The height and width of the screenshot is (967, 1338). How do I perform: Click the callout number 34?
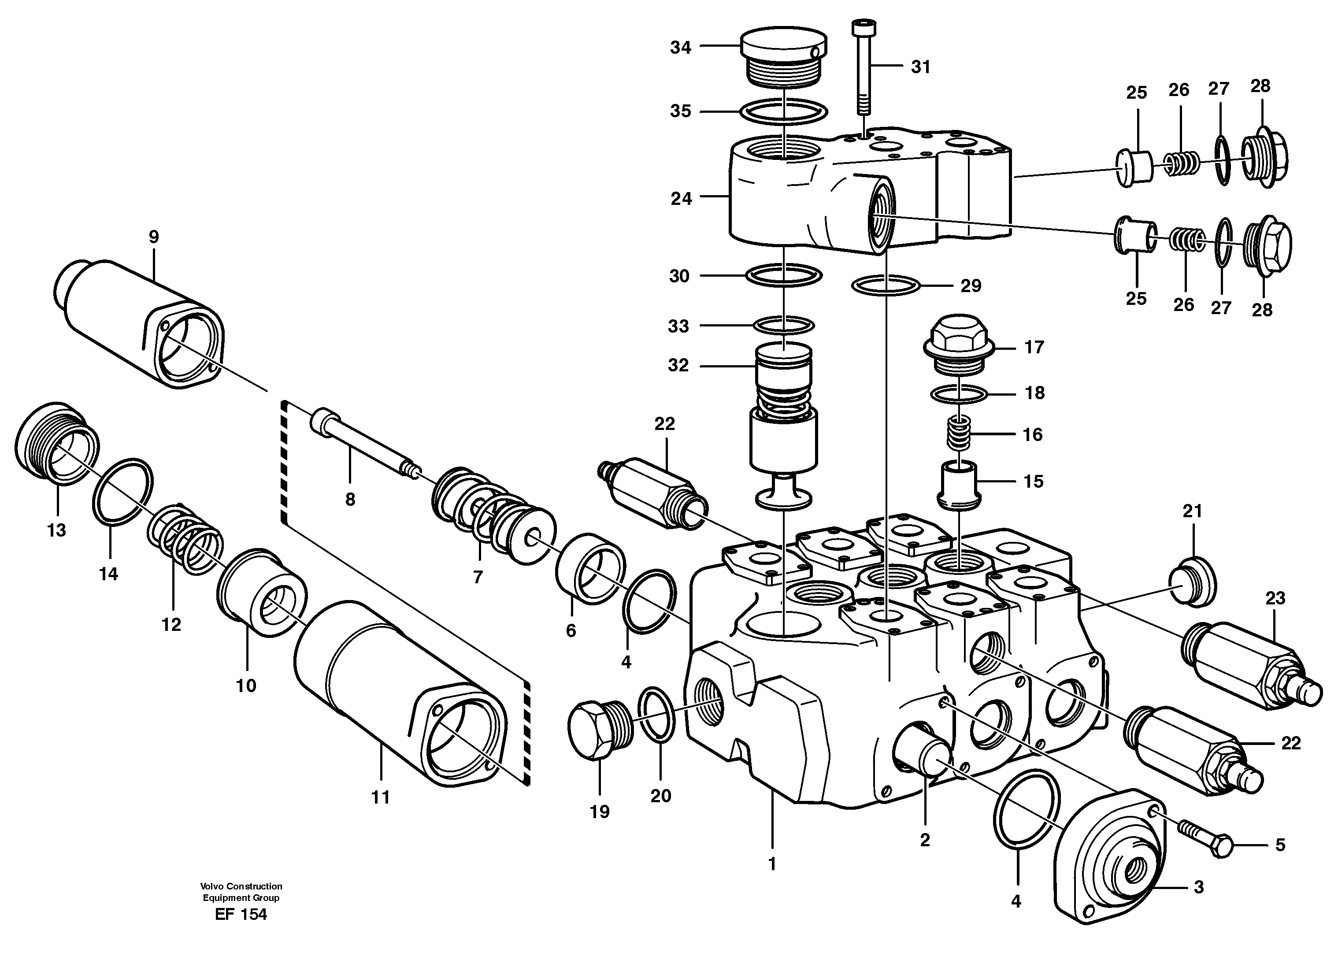(x=680, y=47)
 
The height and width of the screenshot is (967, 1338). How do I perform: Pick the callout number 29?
(x=971, y=286)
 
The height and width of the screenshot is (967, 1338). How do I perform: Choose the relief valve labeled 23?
(x=1251, y=663)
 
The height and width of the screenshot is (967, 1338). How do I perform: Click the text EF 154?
(x=241, y=915)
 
